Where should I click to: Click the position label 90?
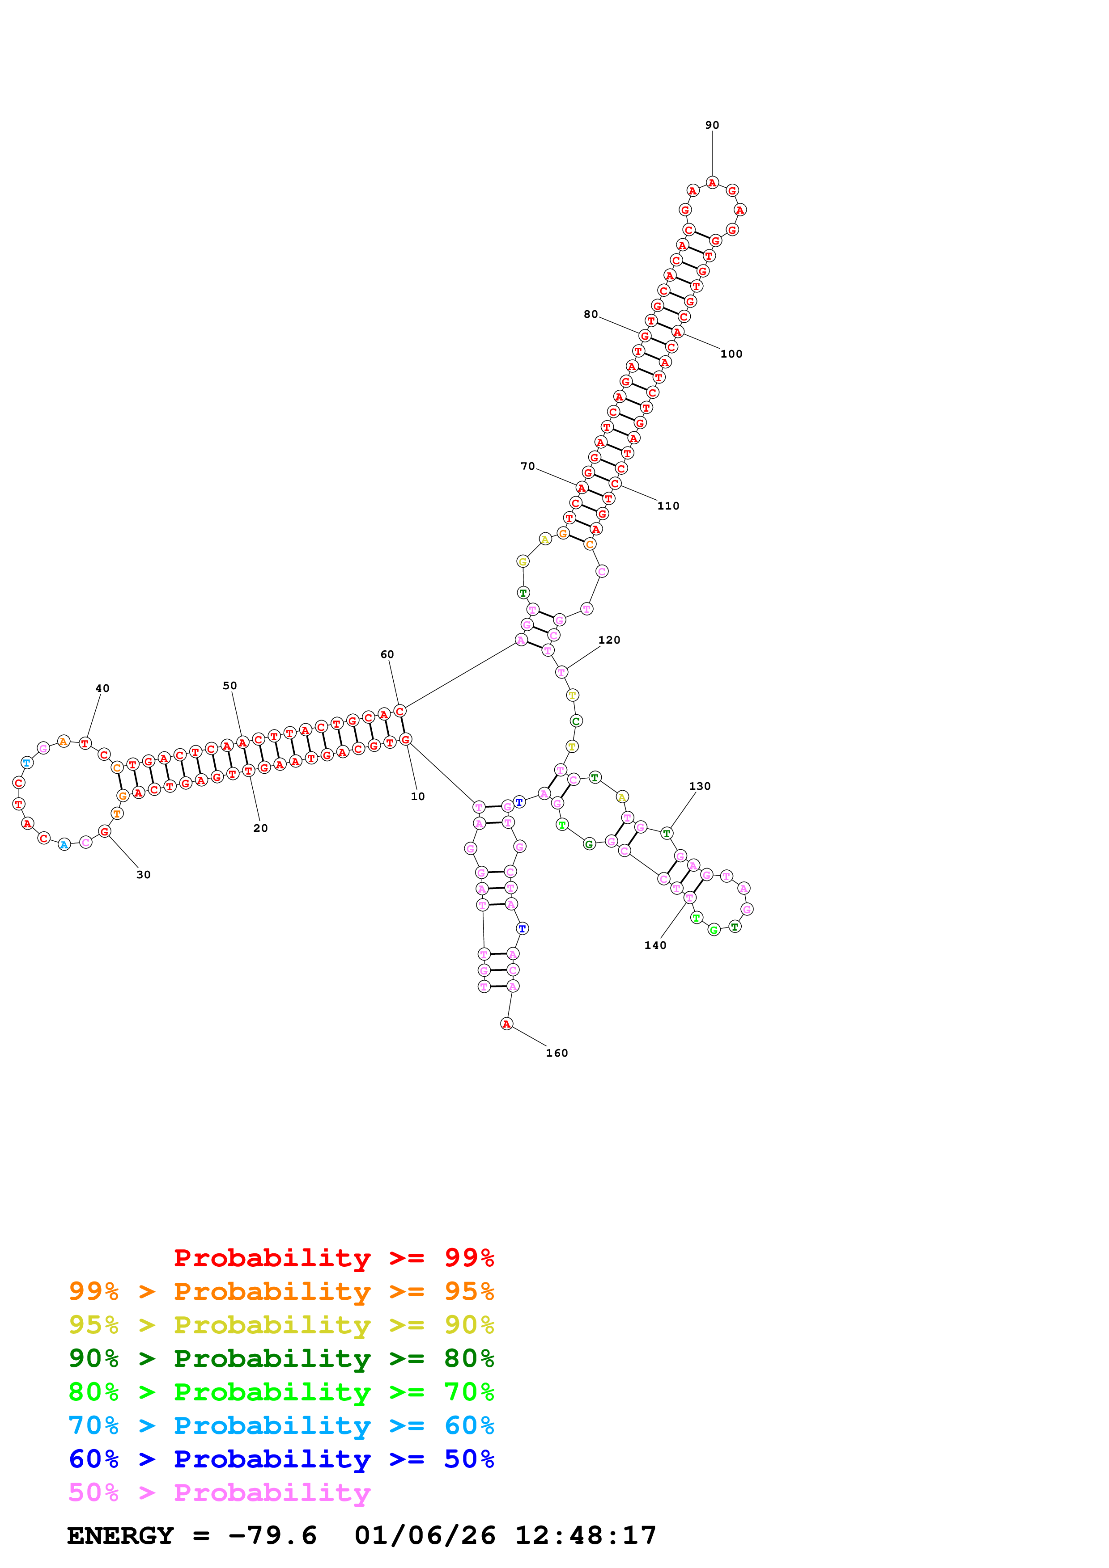712,125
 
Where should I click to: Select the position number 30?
144,874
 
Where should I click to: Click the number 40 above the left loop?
102,688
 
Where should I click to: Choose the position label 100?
731,353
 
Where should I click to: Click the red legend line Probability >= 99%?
333,1257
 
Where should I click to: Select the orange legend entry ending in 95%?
281,1291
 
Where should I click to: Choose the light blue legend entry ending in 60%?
281,1425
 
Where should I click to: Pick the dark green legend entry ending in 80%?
281,1358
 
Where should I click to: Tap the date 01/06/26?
425,1535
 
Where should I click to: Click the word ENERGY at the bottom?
120,1535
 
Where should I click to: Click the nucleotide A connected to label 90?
712,182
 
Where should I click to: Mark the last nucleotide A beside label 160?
506,1023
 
